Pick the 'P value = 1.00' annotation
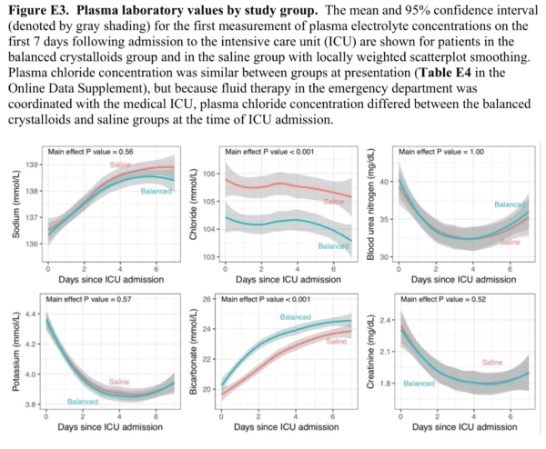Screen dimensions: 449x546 [430, 151]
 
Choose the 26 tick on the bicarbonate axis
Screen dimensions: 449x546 [207, 299]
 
